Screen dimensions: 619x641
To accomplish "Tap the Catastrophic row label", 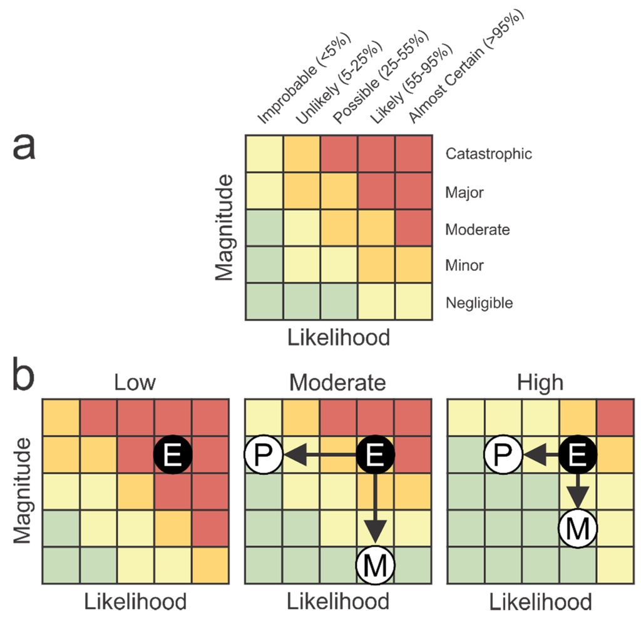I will click(x=488, y=154).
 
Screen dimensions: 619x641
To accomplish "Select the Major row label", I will click(x=464, y=193).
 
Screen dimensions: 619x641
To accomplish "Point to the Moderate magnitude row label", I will click(x=477, y=230).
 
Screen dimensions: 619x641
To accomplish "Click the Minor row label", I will click(x=464, y=265).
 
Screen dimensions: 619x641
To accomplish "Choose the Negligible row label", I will click(x=479, y=304).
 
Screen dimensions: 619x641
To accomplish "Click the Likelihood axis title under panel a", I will click(x=338, y=337).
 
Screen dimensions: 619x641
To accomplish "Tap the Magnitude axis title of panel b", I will click(x=22, y=491).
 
